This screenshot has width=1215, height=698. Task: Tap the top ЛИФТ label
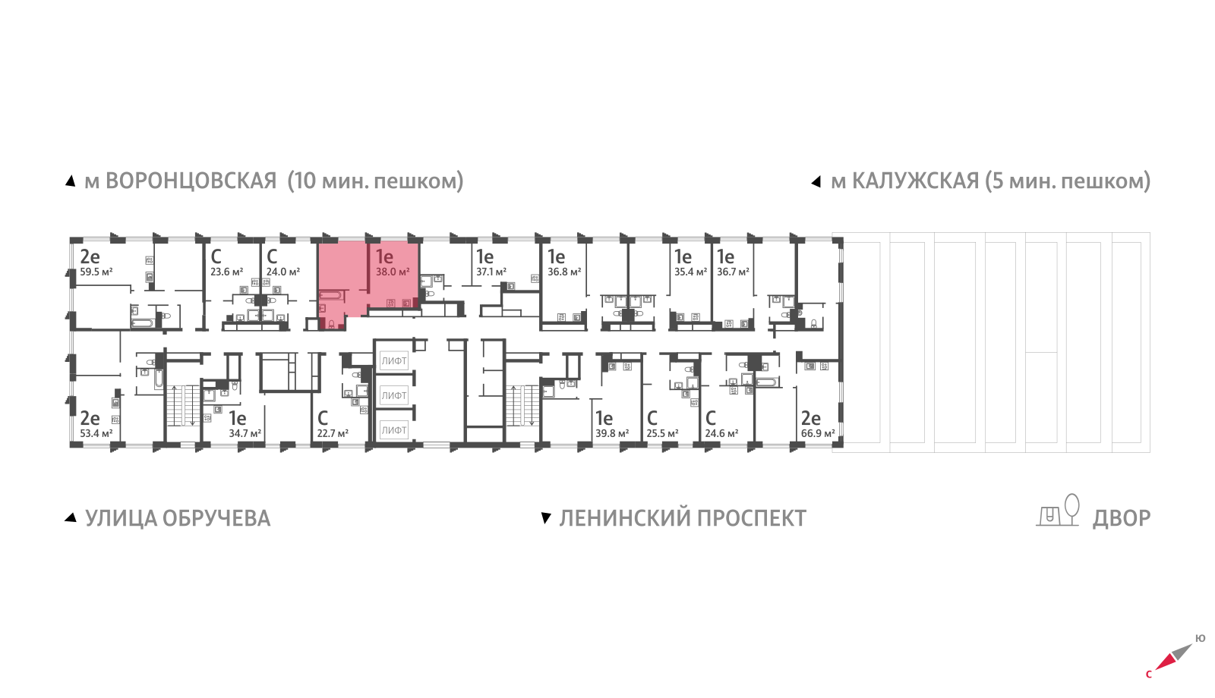coord(394,361)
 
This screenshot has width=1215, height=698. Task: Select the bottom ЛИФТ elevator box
coord(394,430)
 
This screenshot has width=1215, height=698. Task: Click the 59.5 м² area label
coord(96,272)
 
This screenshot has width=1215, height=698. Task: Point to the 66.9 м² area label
coord(818,433)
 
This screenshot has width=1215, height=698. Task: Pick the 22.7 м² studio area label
coord(333,433)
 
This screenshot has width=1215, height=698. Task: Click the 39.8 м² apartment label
coord(612,433)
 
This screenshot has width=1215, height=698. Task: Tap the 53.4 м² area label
coord(96,433)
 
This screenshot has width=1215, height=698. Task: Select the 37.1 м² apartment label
coord(491,272)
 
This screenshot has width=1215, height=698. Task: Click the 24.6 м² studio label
coord(721,433)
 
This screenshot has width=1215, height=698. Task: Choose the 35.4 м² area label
coord(690,272)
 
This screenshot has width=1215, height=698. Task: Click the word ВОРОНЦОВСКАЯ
coord(191,181)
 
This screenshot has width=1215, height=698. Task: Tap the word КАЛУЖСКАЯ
coord(915,181)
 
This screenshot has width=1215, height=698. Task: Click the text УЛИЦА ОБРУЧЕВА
coord(178,518)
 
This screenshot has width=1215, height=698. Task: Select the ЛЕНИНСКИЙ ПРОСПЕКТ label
coord(683,518)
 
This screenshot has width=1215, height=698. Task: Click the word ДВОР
coord(1122,518)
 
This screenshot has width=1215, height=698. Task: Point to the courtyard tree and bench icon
coord(1059,511)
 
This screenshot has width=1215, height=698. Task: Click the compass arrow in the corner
coord(1173,657)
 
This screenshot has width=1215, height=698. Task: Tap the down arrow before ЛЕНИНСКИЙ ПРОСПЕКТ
coord(545,518)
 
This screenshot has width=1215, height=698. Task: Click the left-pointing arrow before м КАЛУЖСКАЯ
coord(816,182)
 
